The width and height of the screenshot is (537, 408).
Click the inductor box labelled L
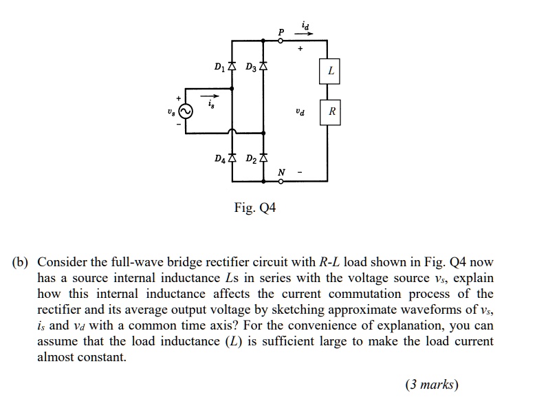click(x=331, y=71)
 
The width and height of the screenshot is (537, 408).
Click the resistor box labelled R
click(x=331, y=111)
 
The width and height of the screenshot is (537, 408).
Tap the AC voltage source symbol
click(x=184, y=111)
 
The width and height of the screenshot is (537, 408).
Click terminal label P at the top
click(x=281, y=32)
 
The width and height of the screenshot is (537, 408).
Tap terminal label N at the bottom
click(x=281, y=173)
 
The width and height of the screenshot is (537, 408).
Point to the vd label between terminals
click(x=299, y=111)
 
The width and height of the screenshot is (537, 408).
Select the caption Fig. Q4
click(x=254, y=206)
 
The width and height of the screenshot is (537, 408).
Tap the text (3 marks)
click(x=431, y=385)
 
